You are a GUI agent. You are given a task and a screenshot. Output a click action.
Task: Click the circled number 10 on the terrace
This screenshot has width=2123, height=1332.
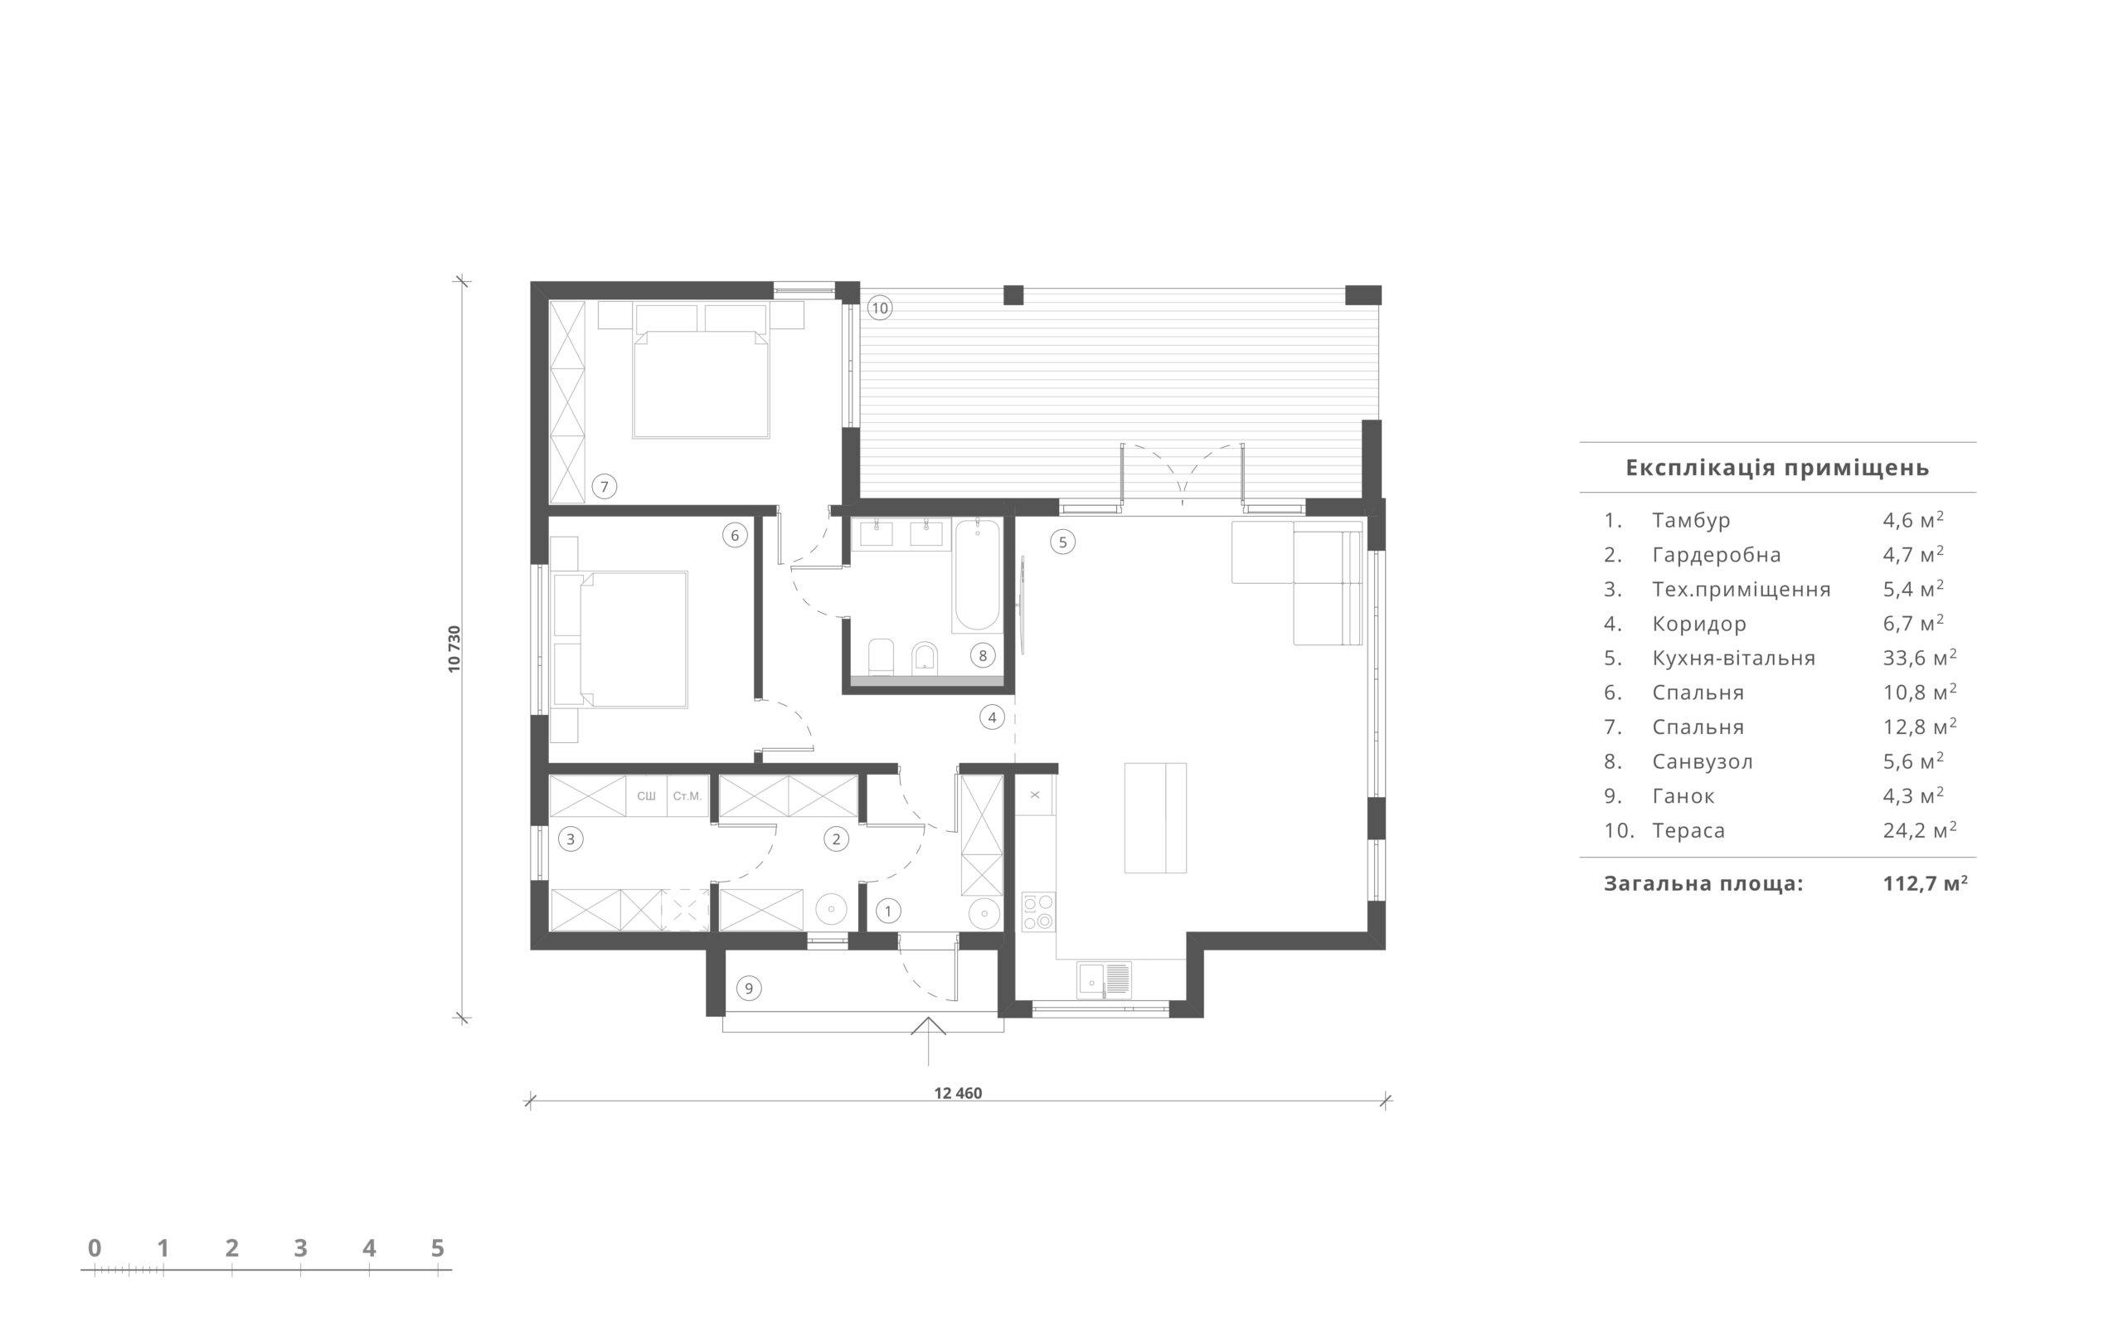click(879, 308)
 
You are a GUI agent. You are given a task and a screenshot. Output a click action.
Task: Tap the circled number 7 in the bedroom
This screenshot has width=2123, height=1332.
click(605, 486)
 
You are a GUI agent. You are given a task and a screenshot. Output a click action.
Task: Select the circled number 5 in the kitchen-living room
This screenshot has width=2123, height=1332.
click(1062, 542)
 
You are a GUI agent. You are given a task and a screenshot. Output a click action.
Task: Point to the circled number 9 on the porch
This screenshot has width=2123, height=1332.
click(749, 989)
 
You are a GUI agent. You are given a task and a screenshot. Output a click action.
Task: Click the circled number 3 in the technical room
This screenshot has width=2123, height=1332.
click(571, 839)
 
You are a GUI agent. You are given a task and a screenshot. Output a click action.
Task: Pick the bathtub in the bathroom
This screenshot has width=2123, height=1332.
click(977, 576)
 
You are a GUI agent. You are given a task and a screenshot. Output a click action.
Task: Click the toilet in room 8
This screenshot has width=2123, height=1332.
click(881, 655)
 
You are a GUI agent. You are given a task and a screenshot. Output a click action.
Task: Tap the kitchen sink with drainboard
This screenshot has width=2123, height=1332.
click(1104, 979)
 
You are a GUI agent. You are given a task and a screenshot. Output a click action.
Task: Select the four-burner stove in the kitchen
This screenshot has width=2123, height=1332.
click(1038, 911)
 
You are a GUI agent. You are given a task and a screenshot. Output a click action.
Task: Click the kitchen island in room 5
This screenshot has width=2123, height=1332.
click(1155, 818)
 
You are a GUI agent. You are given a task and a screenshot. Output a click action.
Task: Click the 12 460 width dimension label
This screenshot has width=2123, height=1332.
click(958, 1093)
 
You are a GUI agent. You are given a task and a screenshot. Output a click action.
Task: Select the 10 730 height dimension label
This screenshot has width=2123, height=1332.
click(454, 649)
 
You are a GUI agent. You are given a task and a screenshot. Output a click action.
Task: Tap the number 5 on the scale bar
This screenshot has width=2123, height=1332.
click(438, 1247)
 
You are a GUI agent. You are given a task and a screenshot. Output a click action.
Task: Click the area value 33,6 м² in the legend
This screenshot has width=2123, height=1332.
click(1920, 657)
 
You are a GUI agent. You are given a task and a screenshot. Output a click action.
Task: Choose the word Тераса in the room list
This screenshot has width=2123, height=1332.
click(1688, 830)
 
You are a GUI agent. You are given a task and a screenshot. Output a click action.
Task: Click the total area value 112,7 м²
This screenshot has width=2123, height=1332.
click(1926, 882)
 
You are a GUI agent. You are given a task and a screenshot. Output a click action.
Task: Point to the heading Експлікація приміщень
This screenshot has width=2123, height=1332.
click(1778, 467)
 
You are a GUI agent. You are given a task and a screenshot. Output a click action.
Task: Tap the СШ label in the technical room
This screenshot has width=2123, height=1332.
click(647, 795)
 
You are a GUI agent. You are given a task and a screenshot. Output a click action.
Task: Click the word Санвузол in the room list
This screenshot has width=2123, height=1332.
click(1703, 761)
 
